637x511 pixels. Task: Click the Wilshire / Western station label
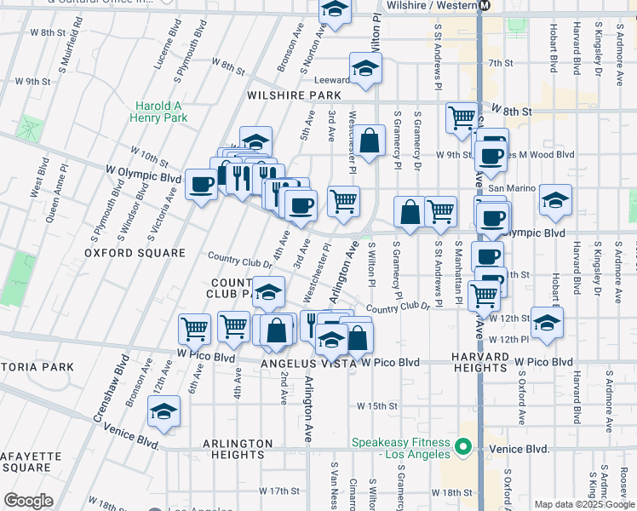[x=434, y=5]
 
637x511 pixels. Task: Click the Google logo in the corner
[x=28, y=501]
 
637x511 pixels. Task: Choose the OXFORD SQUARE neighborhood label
[x=135, y=253]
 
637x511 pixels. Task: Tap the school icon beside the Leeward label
[x=364, y=68]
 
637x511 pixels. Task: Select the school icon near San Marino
[x=555, y=200]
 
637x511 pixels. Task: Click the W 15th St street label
[x=377, y=406]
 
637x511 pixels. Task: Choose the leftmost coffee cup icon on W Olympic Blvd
[x=201, y=184]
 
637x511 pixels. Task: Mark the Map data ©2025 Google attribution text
[x=583, y=504]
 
